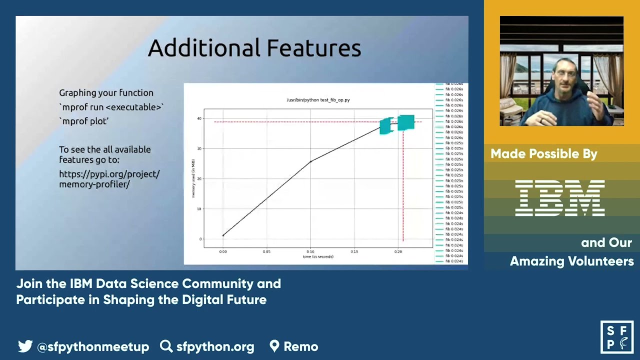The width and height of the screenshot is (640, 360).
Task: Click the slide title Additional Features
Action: (254, 48)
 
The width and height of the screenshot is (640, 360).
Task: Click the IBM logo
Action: (560, 198)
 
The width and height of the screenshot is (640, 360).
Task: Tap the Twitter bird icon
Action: (25, 346)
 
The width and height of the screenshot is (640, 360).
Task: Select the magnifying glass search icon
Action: (166, 346)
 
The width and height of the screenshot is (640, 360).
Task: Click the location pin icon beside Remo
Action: (274, 346)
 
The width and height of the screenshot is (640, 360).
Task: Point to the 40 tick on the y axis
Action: (199, 118)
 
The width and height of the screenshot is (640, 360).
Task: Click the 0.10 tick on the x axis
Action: (310, 251)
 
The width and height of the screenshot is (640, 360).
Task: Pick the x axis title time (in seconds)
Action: (318, 256)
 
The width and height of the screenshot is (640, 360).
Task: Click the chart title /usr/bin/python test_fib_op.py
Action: (318, 100)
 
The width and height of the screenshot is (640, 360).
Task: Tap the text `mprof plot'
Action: (84, 121)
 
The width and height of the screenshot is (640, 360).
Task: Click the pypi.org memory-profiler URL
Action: (109, 179)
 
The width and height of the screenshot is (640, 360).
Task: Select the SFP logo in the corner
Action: (616, 337)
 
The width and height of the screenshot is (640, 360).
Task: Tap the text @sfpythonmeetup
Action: (93, 346)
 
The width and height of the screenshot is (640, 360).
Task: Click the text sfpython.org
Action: (215, 346)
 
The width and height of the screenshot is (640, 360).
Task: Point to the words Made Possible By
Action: (543, 154)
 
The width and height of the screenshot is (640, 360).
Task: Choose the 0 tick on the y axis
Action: (200, 239)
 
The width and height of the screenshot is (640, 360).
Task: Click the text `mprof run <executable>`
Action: (111, 107)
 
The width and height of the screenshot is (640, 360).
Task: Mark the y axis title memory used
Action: (193, 178)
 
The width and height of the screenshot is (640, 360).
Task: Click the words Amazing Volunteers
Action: (571, 261)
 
